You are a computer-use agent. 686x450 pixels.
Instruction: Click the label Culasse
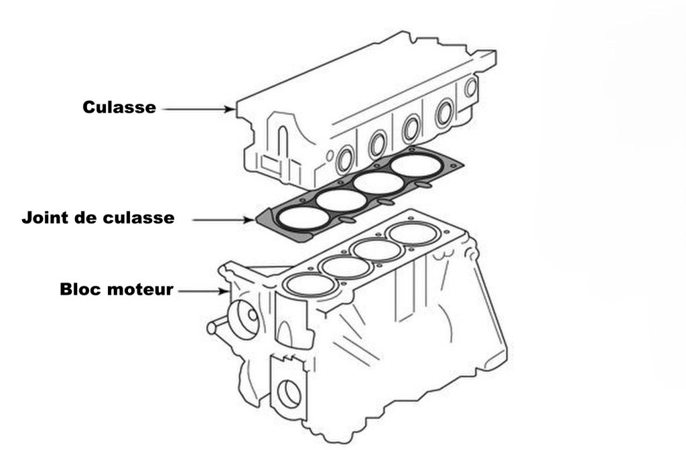(119, 107)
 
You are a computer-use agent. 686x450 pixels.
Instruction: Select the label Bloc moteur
(117, 290)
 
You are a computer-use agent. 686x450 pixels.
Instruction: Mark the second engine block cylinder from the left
(346, 266)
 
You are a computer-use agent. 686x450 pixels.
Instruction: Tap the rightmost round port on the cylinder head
(471, 87)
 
